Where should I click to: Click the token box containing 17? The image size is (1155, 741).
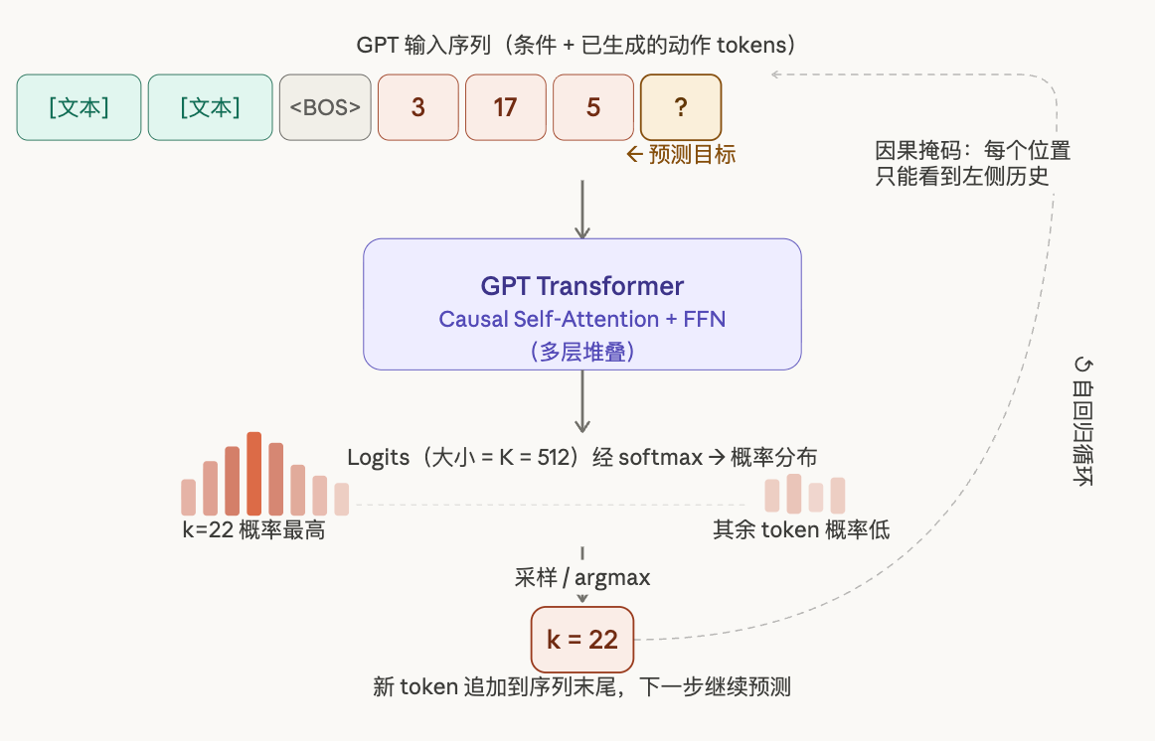pyautogui.click(x=506, y=107)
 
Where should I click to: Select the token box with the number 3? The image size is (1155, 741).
pyautogui.click(x=418, y=107)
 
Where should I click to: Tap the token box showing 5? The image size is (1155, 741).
pyautogui.click(x=593, y=107)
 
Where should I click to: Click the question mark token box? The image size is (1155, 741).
pyautogui.click(x=681, y=107)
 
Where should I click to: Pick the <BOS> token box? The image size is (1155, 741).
pyautogui.click(x=325, y=107)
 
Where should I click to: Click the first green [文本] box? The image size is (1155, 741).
pyautogui.click(x=79, y=107)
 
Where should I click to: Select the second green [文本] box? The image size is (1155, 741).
pyautogui.click(x=210, y=107)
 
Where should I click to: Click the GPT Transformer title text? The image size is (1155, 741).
pyautogui.click(x=582, y=287)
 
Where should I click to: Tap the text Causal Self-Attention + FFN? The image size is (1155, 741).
pyautogui.click(x=582, y=320)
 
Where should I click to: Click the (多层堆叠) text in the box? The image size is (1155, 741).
pyautogui.click(x=582, y=351)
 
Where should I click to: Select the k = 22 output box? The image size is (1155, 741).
pyautogui.click(x=582, y=640)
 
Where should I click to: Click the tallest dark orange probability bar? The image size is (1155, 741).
pyautogui.click(x=254, y=474)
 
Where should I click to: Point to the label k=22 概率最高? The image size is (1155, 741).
pyautogui.click(x=253, y=530)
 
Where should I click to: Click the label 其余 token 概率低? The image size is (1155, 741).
pyautogui.click(x=801, y=529)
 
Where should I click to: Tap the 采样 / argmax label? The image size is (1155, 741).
pyautogui.click(x=582, y=578)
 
